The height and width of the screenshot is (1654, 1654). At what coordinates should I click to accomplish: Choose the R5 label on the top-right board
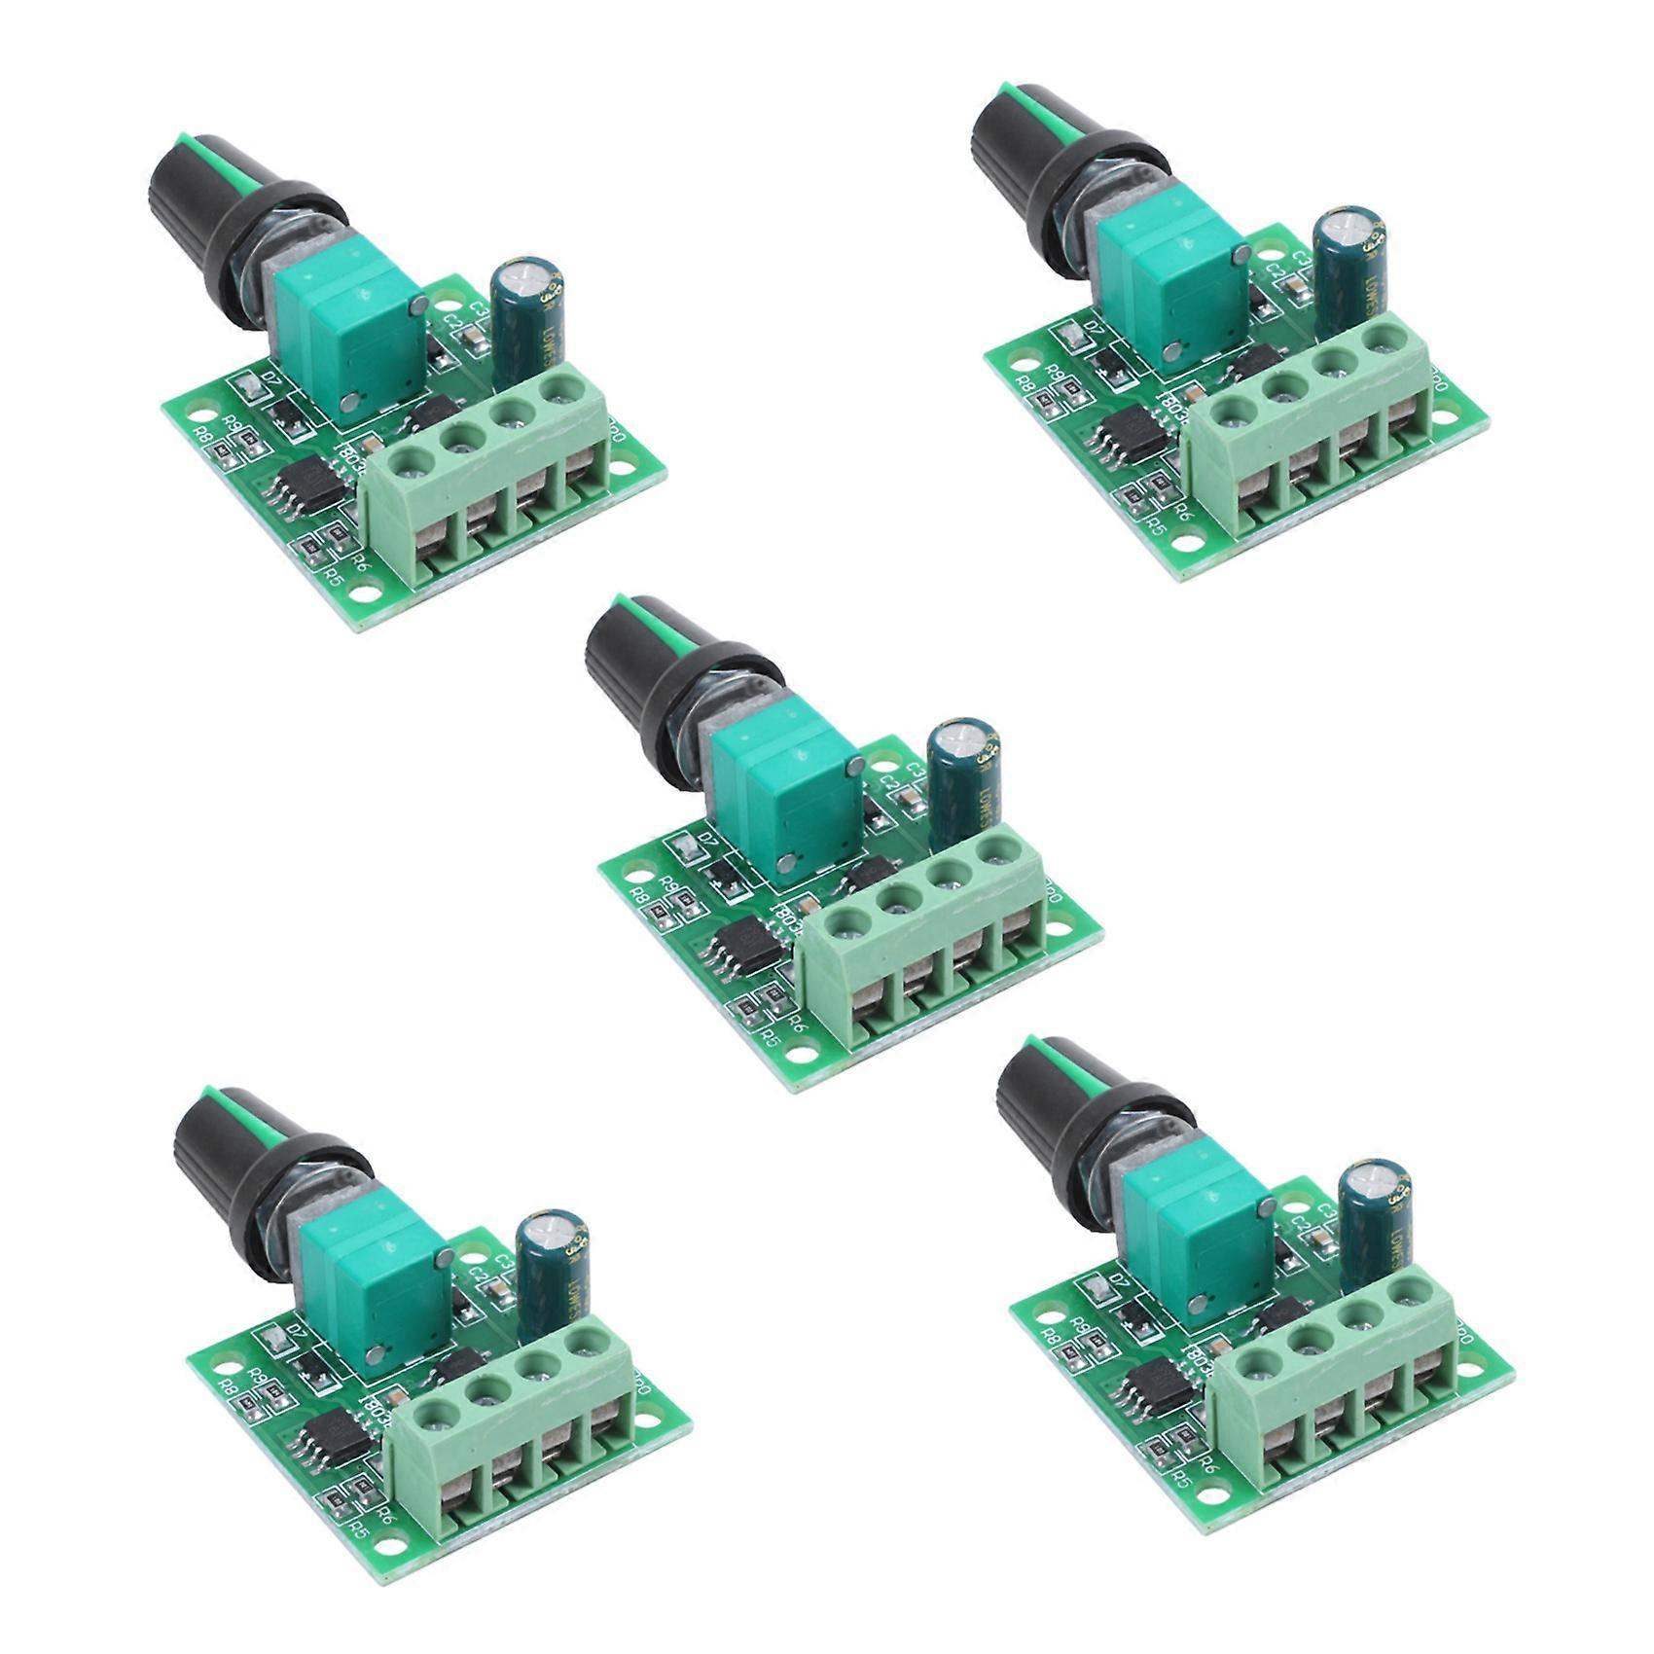click(1155, 528)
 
